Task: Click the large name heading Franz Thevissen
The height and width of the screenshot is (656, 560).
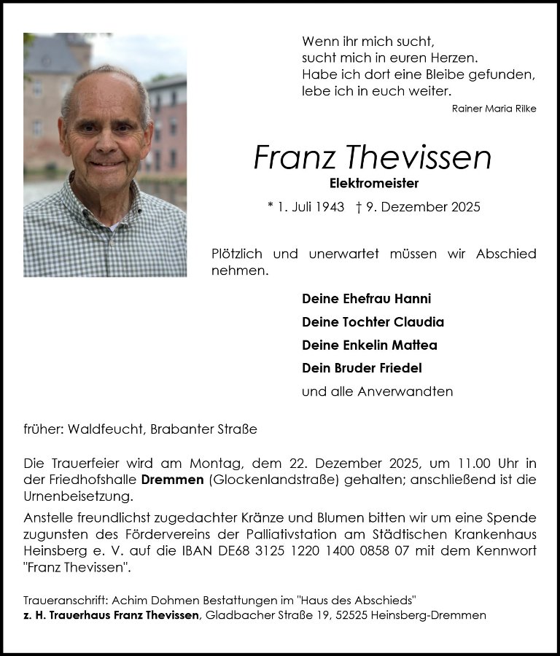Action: [373, 157]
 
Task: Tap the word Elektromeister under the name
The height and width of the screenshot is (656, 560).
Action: [373, 184]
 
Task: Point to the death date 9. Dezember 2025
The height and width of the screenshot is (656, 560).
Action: [425, 207]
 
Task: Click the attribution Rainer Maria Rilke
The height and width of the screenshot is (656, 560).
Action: [494, 109]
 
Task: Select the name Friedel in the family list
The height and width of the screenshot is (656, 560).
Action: [400, 369]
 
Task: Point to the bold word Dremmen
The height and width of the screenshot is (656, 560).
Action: [173, 480]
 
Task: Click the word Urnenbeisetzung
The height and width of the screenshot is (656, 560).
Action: [78, 496]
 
